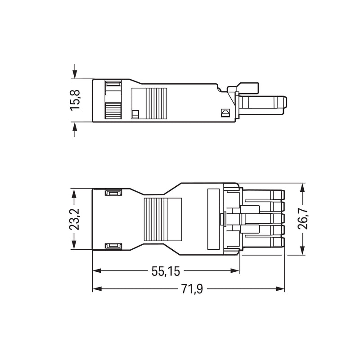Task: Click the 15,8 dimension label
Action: click(75, 100)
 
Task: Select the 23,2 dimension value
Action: click(74, 219)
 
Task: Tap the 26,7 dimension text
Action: click(302, 219)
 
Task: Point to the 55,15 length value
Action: click(166, 271)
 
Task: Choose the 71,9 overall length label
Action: click(192, 289)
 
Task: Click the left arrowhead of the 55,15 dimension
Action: click(97, 271)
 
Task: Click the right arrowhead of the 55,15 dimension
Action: click(234, 271)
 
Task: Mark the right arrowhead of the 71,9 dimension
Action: click(280, 288)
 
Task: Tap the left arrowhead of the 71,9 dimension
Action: click(97, 288)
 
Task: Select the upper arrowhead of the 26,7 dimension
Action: click(302, 188)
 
